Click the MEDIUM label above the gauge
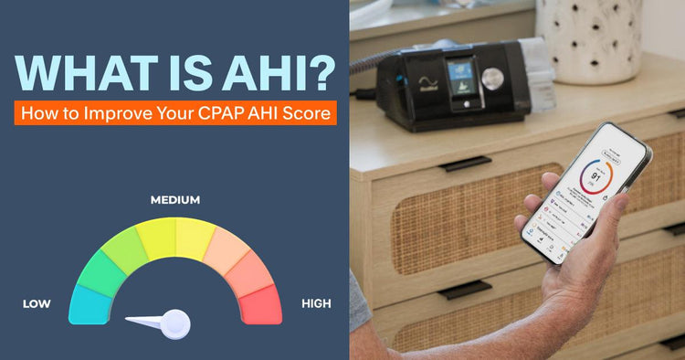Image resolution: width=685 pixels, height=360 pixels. [174, 199]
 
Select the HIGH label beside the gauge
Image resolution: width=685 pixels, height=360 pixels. [316, 303]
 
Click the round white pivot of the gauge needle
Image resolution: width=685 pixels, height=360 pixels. [175, 322]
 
